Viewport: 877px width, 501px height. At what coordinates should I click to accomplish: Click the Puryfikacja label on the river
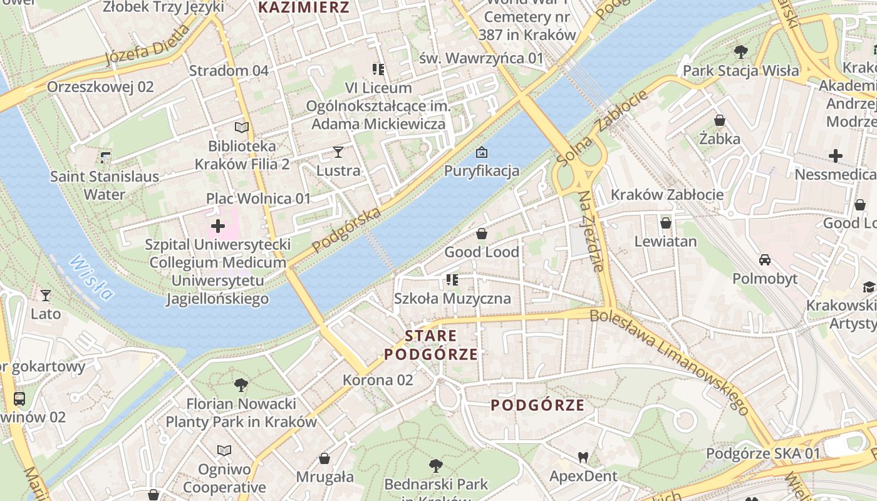(x=482, y=170)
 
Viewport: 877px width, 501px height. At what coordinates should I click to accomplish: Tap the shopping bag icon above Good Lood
(x=482, y=234)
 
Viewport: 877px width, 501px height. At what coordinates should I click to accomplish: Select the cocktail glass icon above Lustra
(x=338, y=152)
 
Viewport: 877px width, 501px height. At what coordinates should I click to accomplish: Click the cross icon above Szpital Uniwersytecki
(x=218, y=225)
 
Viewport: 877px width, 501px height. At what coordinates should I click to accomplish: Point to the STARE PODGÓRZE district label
(x=431, y=345)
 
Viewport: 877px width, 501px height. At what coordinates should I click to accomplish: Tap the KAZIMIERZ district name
(x=304, y=8)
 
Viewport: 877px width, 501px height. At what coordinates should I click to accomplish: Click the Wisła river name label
(x=91, y=277)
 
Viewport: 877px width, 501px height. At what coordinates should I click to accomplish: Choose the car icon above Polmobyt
(x=765, y=260)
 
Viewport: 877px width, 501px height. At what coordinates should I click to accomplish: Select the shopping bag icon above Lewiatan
(x=665, y=222)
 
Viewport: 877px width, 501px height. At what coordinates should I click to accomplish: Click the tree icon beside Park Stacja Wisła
(x=741, y=51)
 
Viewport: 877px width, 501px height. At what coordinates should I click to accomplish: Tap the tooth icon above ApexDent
(x=583, y=457)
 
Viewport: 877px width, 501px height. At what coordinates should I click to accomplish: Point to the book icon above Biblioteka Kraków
(x=242, y=127)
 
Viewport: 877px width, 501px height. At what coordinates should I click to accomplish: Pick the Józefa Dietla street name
(x=147, y=45)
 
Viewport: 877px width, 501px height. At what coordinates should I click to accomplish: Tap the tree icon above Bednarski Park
(x=435, y=465)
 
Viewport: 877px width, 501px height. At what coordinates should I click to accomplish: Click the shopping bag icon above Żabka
(x=720, y=120)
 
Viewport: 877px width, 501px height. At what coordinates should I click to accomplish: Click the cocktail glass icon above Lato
(x=46, y=295)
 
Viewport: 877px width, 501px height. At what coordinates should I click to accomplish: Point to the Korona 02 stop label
(x=378, y=380)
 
